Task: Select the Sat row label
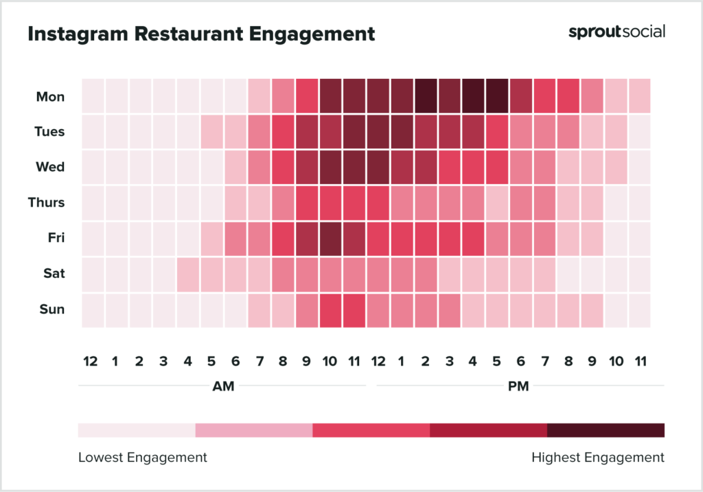click(54, 274)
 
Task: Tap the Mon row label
click(51, 97)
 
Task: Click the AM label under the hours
click(223, 386)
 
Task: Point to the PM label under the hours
click(518, 386)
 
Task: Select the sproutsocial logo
click(616, 32)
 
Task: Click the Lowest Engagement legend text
click(142, 457)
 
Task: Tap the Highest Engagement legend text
click(598, 457)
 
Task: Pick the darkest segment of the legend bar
click(606, 430)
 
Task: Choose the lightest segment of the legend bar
click(137, 430)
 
